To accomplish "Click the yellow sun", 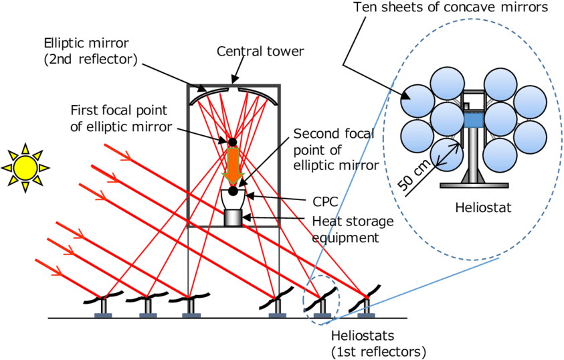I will point(25,168).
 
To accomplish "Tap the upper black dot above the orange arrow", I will point(232,142).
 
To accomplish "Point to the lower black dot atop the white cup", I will point(233,191).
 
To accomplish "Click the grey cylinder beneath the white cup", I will point(233,218).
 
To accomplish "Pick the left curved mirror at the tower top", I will point(209,96).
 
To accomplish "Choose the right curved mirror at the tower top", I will point(258,96).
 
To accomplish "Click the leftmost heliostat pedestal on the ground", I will point(103,308).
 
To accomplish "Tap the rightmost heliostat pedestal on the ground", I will point(366,308).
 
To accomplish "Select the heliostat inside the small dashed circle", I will point(322,308).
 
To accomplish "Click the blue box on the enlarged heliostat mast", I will point(473,120).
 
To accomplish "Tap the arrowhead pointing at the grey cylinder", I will point(246,217).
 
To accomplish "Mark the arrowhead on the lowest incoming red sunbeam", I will point(58,271).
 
